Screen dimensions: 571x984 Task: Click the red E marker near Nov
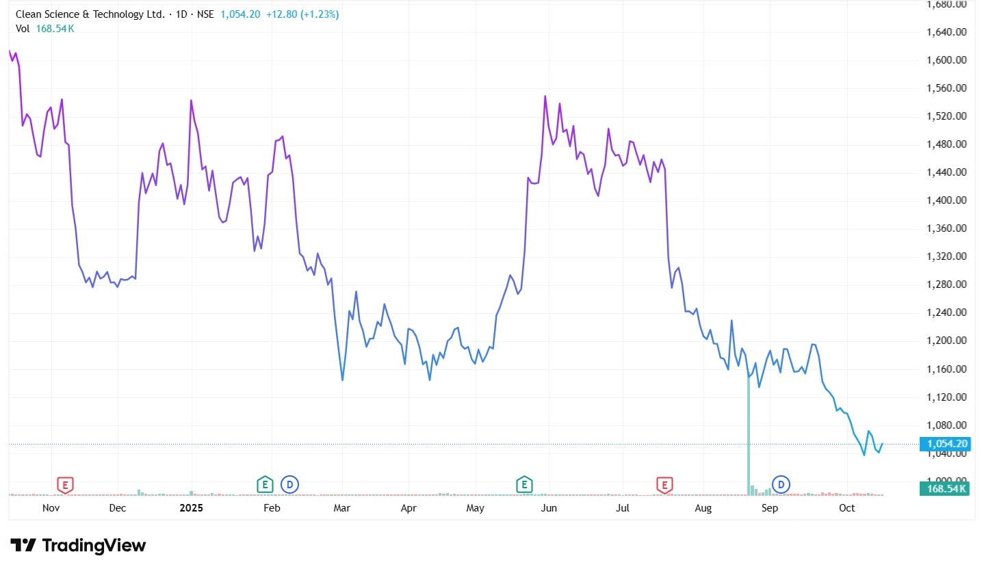click(x=64, y=486)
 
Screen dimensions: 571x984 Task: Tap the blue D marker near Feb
click(x=290, y=486)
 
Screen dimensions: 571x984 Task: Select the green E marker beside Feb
click(x=265, y=486)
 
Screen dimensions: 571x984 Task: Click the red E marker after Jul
click(x=664, y=486)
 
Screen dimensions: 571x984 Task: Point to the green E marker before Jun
click(x=524, y=486)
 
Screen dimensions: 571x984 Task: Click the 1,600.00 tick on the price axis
click(x=946, y=60)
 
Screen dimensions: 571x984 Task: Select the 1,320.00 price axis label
click(x=946, y=256)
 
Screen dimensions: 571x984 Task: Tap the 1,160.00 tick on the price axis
click(x=946, y=369)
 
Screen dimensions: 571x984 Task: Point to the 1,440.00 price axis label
click(x=946, y=172)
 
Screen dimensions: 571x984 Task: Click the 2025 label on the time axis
click(x=192, y=508)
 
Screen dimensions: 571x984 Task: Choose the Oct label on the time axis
click(x=847, y=508)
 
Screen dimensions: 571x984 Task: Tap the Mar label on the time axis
click(x=341, y=508)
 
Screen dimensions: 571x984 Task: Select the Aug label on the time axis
click(x=703, y=508)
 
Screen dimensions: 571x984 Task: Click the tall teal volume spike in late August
click(x=749, y=438)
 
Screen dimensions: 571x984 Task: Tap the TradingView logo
click(x=78, y=546)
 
